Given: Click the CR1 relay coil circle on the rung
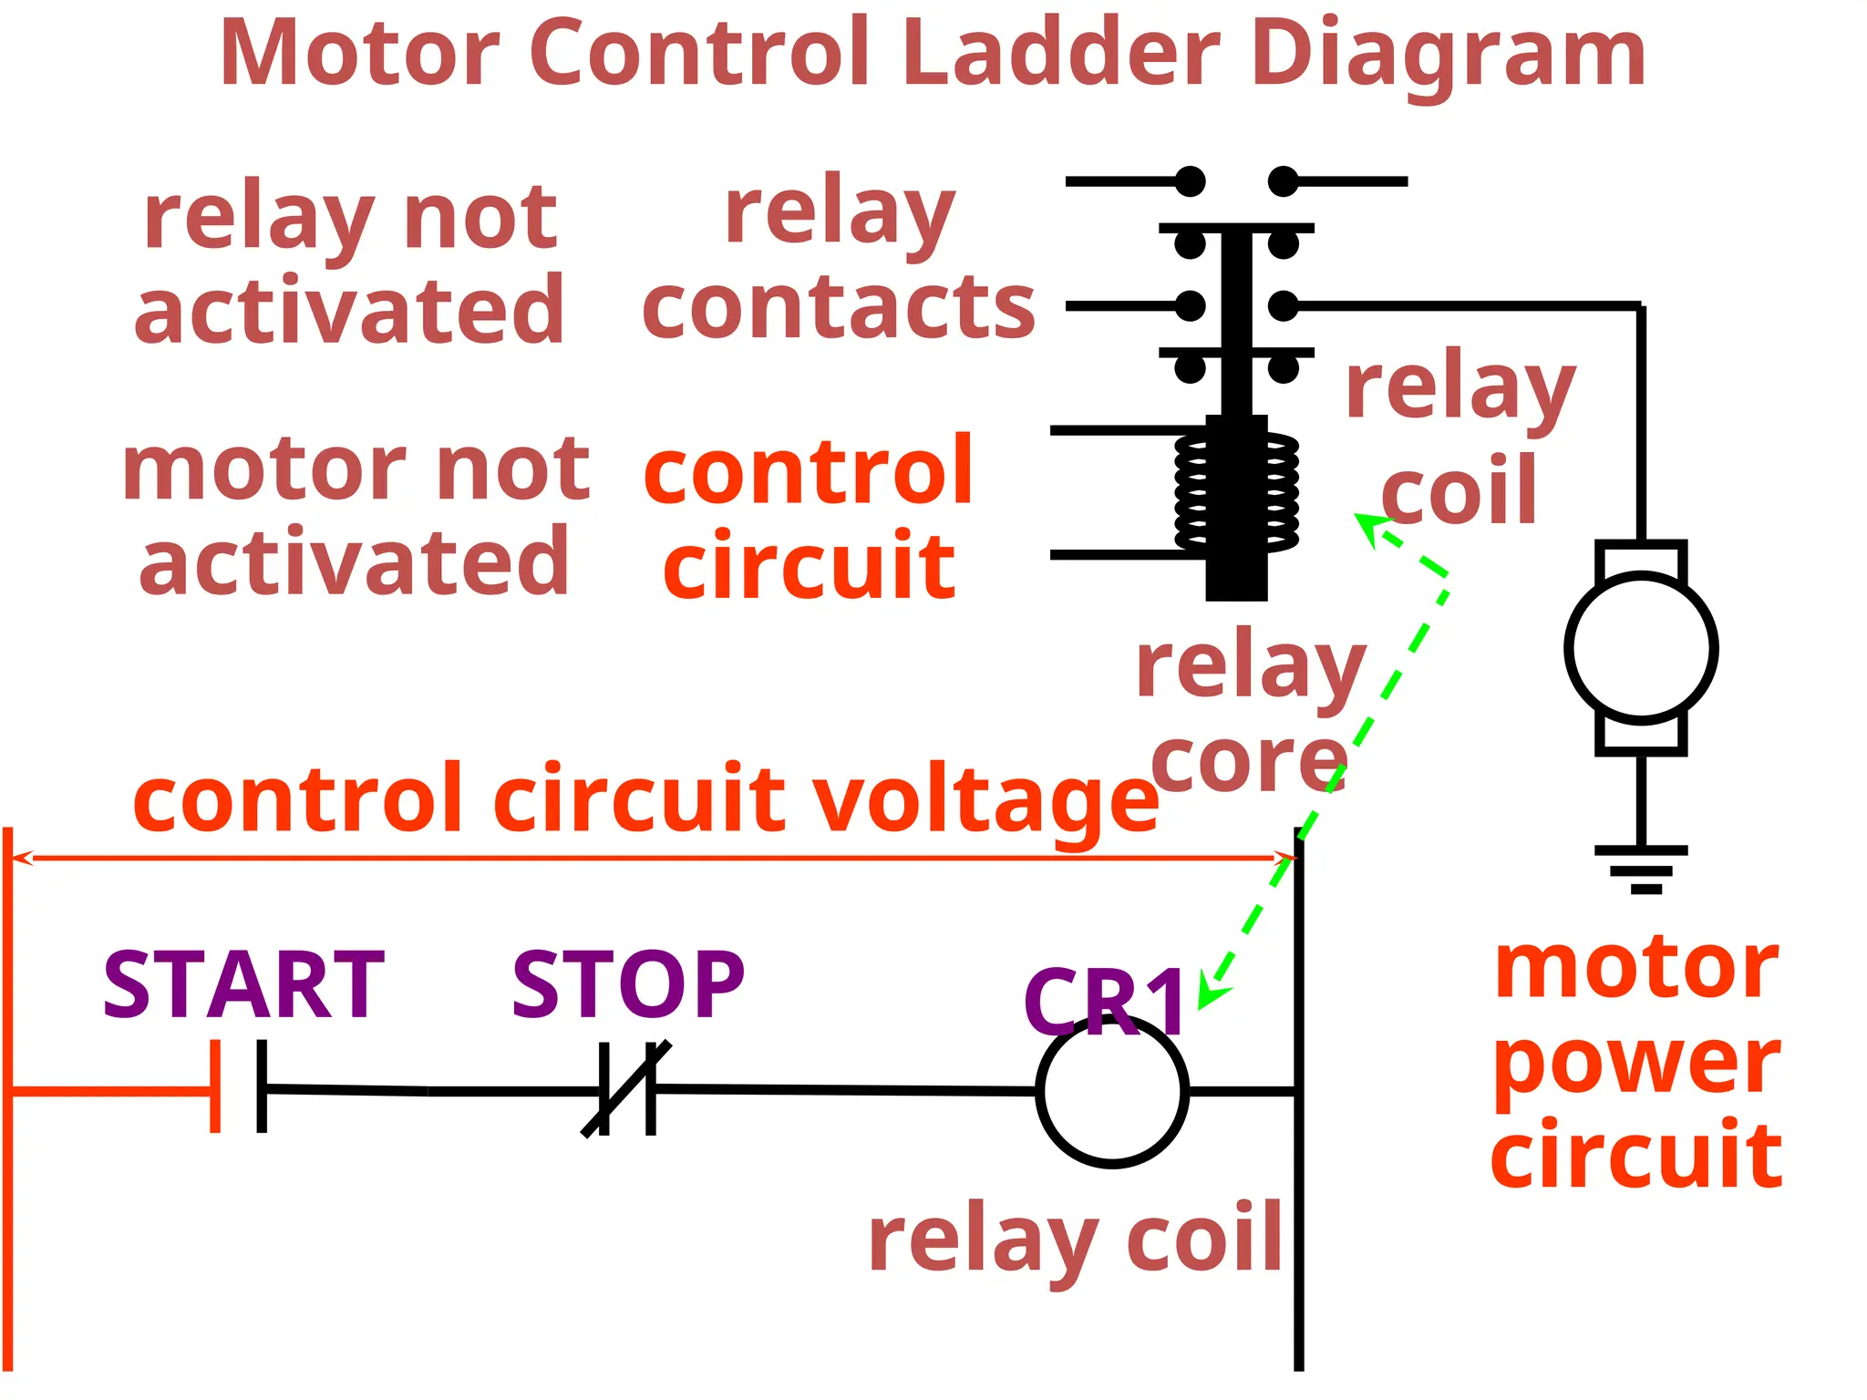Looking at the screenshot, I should click(x=1112, y=1091).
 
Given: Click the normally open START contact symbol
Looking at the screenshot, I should click(x=239, y=1086).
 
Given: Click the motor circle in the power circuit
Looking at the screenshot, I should click(x=1641, y=647).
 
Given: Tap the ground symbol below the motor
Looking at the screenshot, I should click(x=1641, y=869).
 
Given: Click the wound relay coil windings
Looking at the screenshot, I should click(x=1237, y=492).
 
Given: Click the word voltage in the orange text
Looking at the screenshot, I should click(x=985, y=800).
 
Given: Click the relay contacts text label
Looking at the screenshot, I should click(x=839, y=260).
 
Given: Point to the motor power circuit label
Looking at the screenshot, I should click(x=1636, y=1062).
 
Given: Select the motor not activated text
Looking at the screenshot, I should click(x=356, y=515).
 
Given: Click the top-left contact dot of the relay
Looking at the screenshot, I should click(x=1190, y=181).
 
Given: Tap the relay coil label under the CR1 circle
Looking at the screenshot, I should click(x=1076, y=1238).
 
